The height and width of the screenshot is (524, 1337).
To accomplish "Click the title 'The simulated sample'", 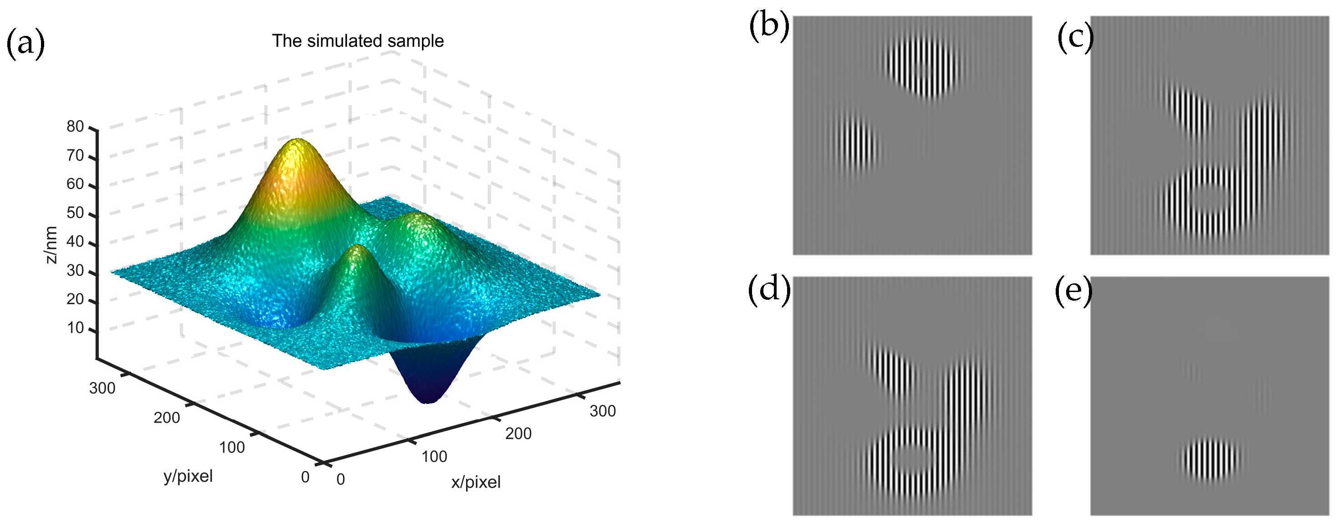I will [x=358, y=41].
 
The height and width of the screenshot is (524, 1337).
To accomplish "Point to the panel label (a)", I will [x=25, y=44].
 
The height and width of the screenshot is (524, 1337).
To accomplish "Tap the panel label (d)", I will [x=769, y=288].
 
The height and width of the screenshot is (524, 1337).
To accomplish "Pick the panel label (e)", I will [x=1073, y=292].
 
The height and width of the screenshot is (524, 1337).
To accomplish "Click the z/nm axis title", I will [x=51, y=245].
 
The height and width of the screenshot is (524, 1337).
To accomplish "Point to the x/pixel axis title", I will [x=475, y=483].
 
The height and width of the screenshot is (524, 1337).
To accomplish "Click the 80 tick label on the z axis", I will [x=75, y=126].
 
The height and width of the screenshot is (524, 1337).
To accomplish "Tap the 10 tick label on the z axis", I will [x=75, y=328].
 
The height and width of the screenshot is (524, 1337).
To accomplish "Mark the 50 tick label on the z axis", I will [x=75, y=213].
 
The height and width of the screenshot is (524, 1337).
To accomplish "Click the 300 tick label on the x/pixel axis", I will [x=603, y=411].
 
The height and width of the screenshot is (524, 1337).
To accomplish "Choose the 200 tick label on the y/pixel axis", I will [x=166, y=418].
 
